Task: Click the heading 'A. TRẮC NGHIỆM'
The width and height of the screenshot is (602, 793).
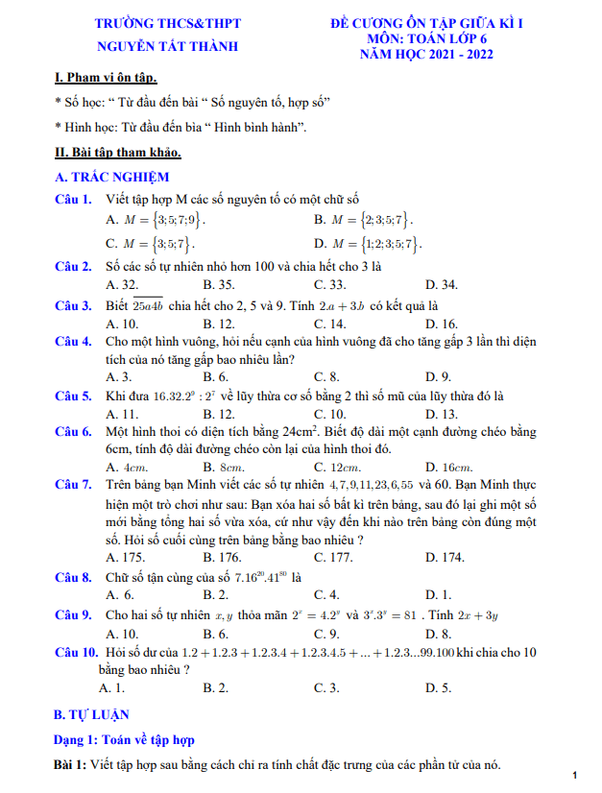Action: click(112, 177)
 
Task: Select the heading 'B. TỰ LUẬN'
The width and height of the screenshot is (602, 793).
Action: click(91, 715)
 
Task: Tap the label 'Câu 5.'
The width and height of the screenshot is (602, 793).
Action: click(73, 396)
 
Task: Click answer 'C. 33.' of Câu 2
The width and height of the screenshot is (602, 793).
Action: click(330, 284)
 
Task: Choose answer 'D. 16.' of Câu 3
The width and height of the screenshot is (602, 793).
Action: click(442, 324)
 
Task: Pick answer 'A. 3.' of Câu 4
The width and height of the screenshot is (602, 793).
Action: click(118, 377)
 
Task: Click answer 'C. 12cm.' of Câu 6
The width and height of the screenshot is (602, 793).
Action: click(336, 468)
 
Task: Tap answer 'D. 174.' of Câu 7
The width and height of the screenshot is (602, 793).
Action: click(445, 557)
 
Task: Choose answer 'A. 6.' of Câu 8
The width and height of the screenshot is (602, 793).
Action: click(118, 595)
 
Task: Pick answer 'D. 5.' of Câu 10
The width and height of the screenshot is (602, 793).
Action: click(438, 687)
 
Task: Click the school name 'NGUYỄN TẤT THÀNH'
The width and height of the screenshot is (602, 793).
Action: click(168, 45)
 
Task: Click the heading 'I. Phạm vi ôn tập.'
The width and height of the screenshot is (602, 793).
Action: click(107, 78)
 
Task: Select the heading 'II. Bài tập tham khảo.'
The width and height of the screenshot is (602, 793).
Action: click(118, 152)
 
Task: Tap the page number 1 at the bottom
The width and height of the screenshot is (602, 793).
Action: click(573, 775)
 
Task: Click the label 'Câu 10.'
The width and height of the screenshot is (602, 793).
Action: click(77, 653)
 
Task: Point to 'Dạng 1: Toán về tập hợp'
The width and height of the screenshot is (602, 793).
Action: click(125, 740)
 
